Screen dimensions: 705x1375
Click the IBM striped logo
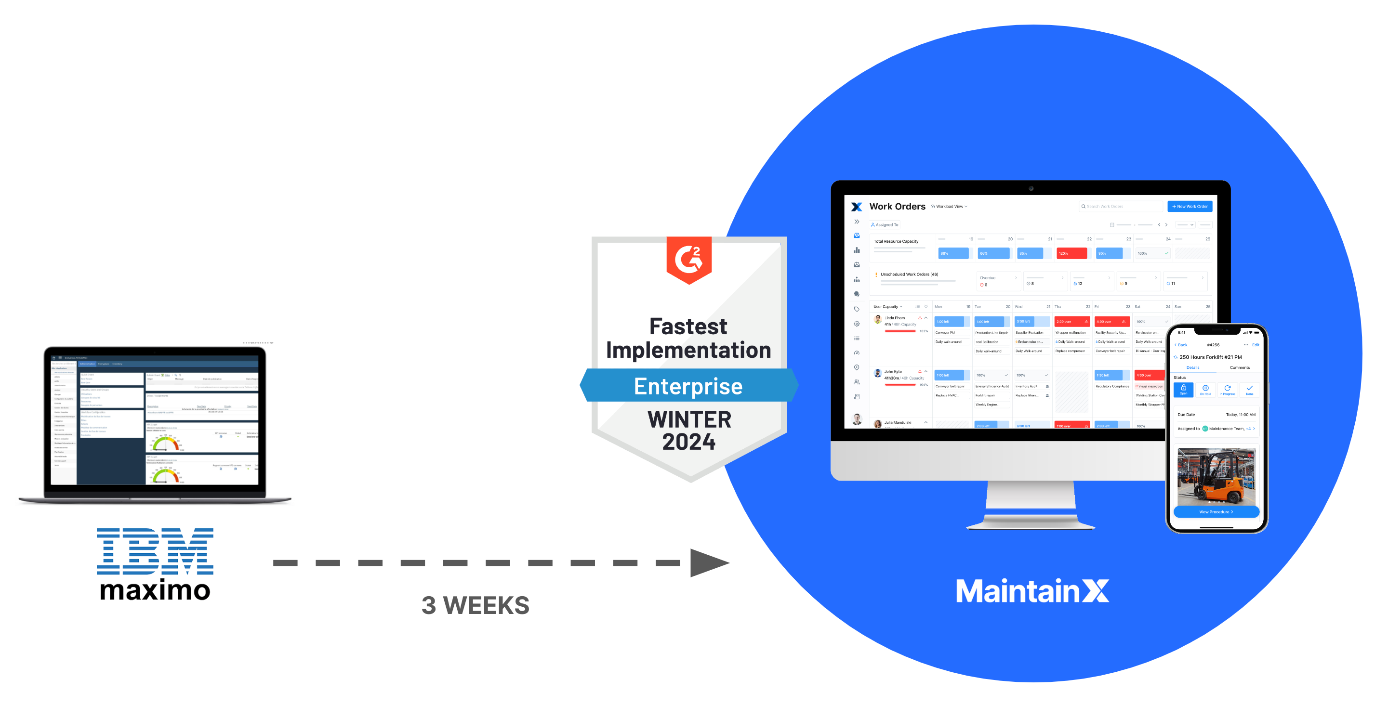click(x=155, y=551)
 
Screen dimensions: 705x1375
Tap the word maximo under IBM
click(x=155, y=591)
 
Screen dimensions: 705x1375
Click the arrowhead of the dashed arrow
click(x=707, y=562)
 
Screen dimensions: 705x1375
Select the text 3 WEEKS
click(x=475, y=605)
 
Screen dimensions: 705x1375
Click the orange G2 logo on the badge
click(x=688, y=259)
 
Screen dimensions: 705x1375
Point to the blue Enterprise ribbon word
click(x=688, y=386)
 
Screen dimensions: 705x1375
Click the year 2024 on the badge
click(x=688, y=442)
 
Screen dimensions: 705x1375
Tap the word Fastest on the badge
click(x=688, y=326)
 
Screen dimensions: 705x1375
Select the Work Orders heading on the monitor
click(x=897, y=207)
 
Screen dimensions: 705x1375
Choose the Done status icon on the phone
click(x=1249, y=390)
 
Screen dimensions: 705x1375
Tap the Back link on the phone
click(x=1181, y=345)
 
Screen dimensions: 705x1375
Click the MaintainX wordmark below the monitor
click(x=1032, y=591)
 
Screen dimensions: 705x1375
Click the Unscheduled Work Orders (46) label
click(x=909, y=274)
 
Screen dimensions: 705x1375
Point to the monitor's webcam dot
click(x=1031, y=188)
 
